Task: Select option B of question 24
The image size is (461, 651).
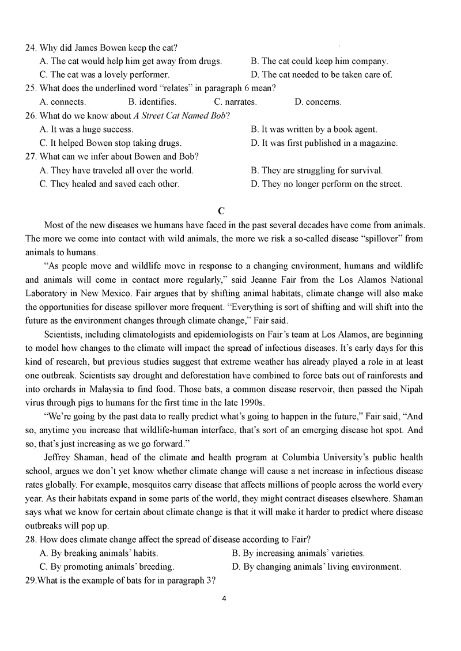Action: click(x=319, y=60)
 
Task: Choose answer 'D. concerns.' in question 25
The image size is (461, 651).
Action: click(x=318, y=102)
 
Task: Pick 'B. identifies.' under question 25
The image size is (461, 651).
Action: click(x=152, y=102)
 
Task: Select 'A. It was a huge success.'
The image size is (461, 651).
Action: click(x=86, y=130)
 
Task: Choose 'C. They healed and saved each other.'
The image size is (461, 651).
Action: click(x=109, y=184)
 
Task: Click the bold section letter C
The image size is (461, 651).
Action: click(x=230, y=211)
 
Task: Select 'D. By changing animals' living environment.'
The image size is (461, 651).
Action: click(x=316, y=567)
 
